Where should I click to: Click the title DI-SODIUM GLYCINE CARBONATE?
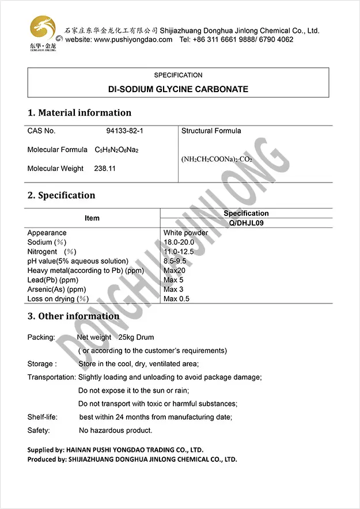[x=178, y=89]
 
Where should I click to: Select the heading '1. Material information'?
[x=79, y=113]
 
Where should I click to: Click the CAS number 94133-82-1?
[x=125, y=131]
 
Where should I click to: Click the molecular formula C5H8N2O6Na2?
[x=117, y=150]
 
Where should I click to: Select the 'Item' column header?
[x=92, y=218]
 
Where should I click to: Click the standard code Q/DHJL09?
[x=246, y=223]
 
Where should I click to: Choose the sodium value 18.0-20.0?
[x=179, y=242]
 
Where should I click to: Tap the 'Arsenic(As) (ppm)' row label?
[x=56, y=290]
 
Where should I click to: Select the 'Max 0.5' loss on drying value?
[x=176, y=299]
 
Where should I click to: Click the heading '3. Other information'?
[x=74, y=316]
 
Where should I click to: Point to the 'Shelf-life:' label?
[x=41, y=417]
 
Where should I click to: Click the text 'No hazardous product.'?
[x=115, y=430]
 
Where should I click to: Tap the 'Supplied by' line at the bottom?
[x=115, y=450]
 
